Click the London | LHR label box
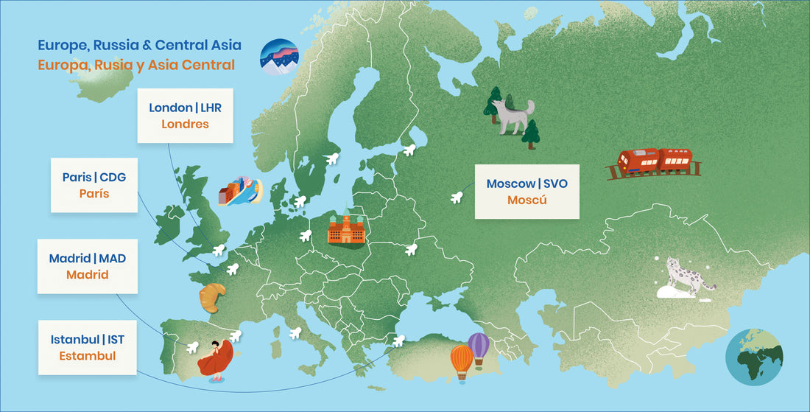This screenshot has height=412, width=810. pyautogui.click(x=185, y=116)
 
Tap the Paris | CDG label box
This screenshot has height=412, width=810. pyautogui.click(x=94, y=185)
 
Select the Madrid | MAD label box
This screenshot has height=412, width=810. pyautogui.click(x=87, y=266)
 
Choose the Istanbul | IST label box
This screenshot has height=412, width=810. pyautogui.click(x=88, y=347)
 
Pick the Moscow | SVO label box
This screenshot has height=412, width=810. pyautogui.click(x=526, y=191)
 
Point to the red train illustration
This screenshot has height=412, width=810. pyautogui.click(x=653, y=162)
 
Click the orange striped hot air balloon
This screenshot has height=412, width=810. pyautogui.click(x=462, y=361)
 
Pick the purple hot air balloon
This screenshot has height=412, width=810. pyautogui.click(x=479, y=347)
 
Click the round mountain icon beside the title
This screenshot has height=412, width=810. pyautogui.click(x=279, y=57)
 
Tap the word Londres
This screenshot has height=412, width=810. pyautogui.click(x=185, y=124)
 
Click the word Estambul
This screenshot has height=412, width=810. pyautogui.click(x=88, y=356)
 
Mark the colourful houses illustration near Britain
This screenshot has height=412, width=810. pyautogui.click(x=240, y=192)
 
